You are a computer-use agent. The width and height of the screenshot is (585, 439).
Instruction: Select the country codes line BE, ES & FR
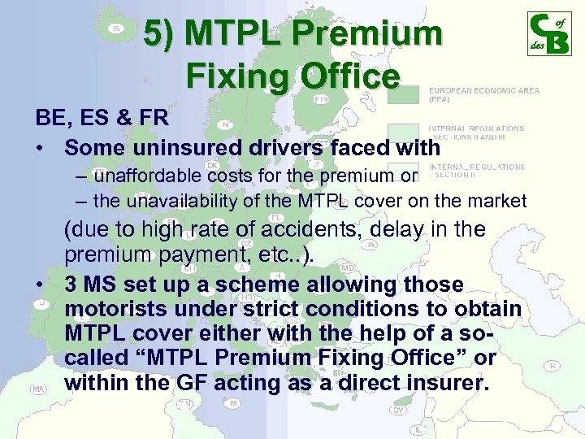[x=102, y=118]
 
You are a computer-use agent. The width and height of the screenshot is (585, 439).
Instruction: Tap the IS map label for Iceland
[x=117, y=28]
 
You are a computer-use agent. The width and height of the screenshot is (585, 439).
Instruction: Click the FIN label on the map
[x=321, y=98]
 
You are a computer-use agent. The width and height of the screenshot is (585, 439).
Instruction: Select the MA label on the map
[x=37, y=389]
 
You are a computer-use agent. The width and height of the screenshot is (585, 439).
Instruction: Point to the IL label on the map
[x=418, y=428]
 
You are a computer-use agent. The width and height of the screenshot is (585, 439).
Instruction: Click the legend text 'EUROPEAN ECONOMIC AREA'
[x=483, y=91]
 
